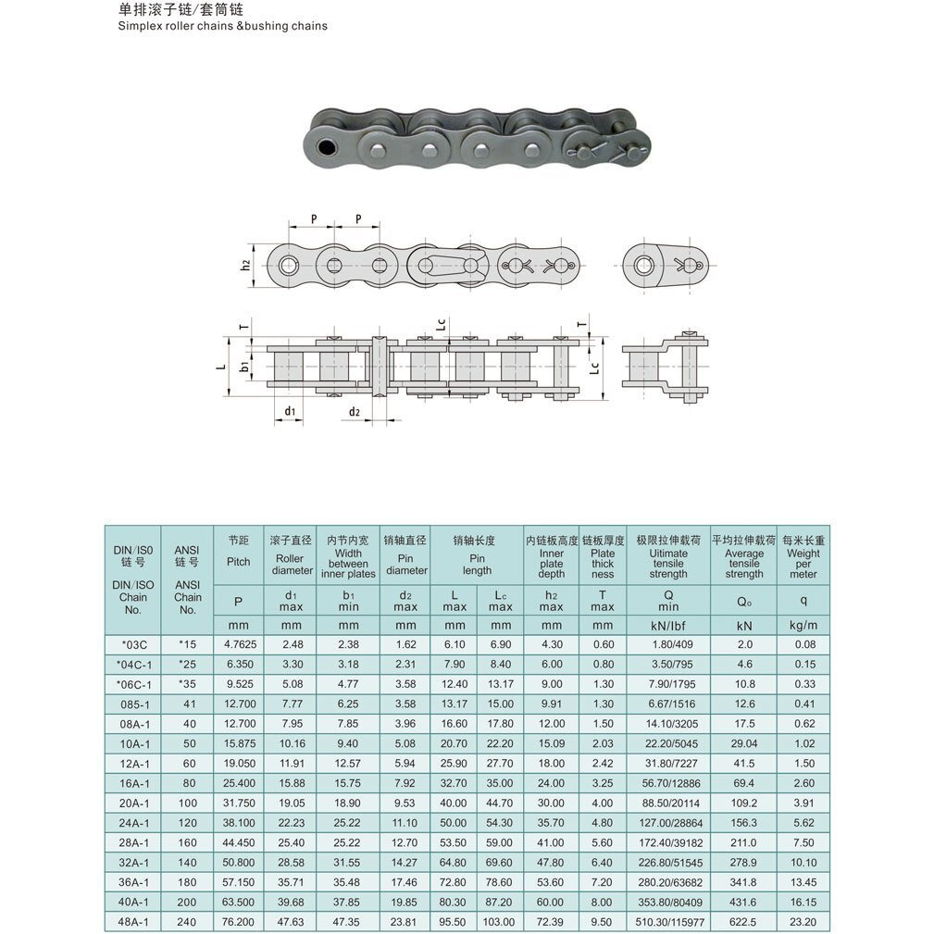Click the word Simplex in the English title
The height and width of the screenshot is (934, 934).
coord(140,26)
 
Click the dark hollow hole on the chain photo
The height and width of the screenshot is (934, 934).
coord(326,148)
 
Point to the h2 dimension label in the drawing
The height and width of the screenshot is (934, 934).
coord(245,264)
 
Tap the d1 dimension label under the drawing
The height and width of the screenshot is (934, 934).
coord(290,410)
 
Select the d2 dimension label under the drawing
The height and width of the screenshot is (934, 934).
coord(354,411)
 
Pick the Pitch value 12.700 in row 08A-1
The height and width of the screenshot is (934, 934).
coord(238,723)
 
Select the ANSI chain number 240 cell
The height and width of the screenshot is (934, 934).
coord(187,922)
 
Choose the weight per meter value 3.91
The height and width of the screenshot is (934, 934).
coord(803,803)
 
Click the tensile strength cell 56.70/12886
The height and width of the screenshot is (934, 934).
coord(668,782)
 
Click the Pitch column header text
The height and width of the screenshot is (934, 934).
coord(238,561)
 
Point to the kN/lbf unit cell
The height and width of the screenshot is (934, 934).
coord(668,625)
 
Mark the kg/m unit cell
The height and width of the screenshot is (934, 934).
coord(803,625)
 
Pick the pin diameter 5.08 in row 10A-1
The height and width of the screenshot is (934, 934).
coord(405,742)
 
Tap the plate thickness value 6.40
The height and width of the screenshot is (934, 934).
coord(603,862)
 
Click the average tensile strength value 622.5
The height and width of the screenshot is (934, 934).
coord(743,922)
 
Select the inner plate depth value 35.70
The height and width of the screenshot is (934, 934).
coord(551,822)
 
